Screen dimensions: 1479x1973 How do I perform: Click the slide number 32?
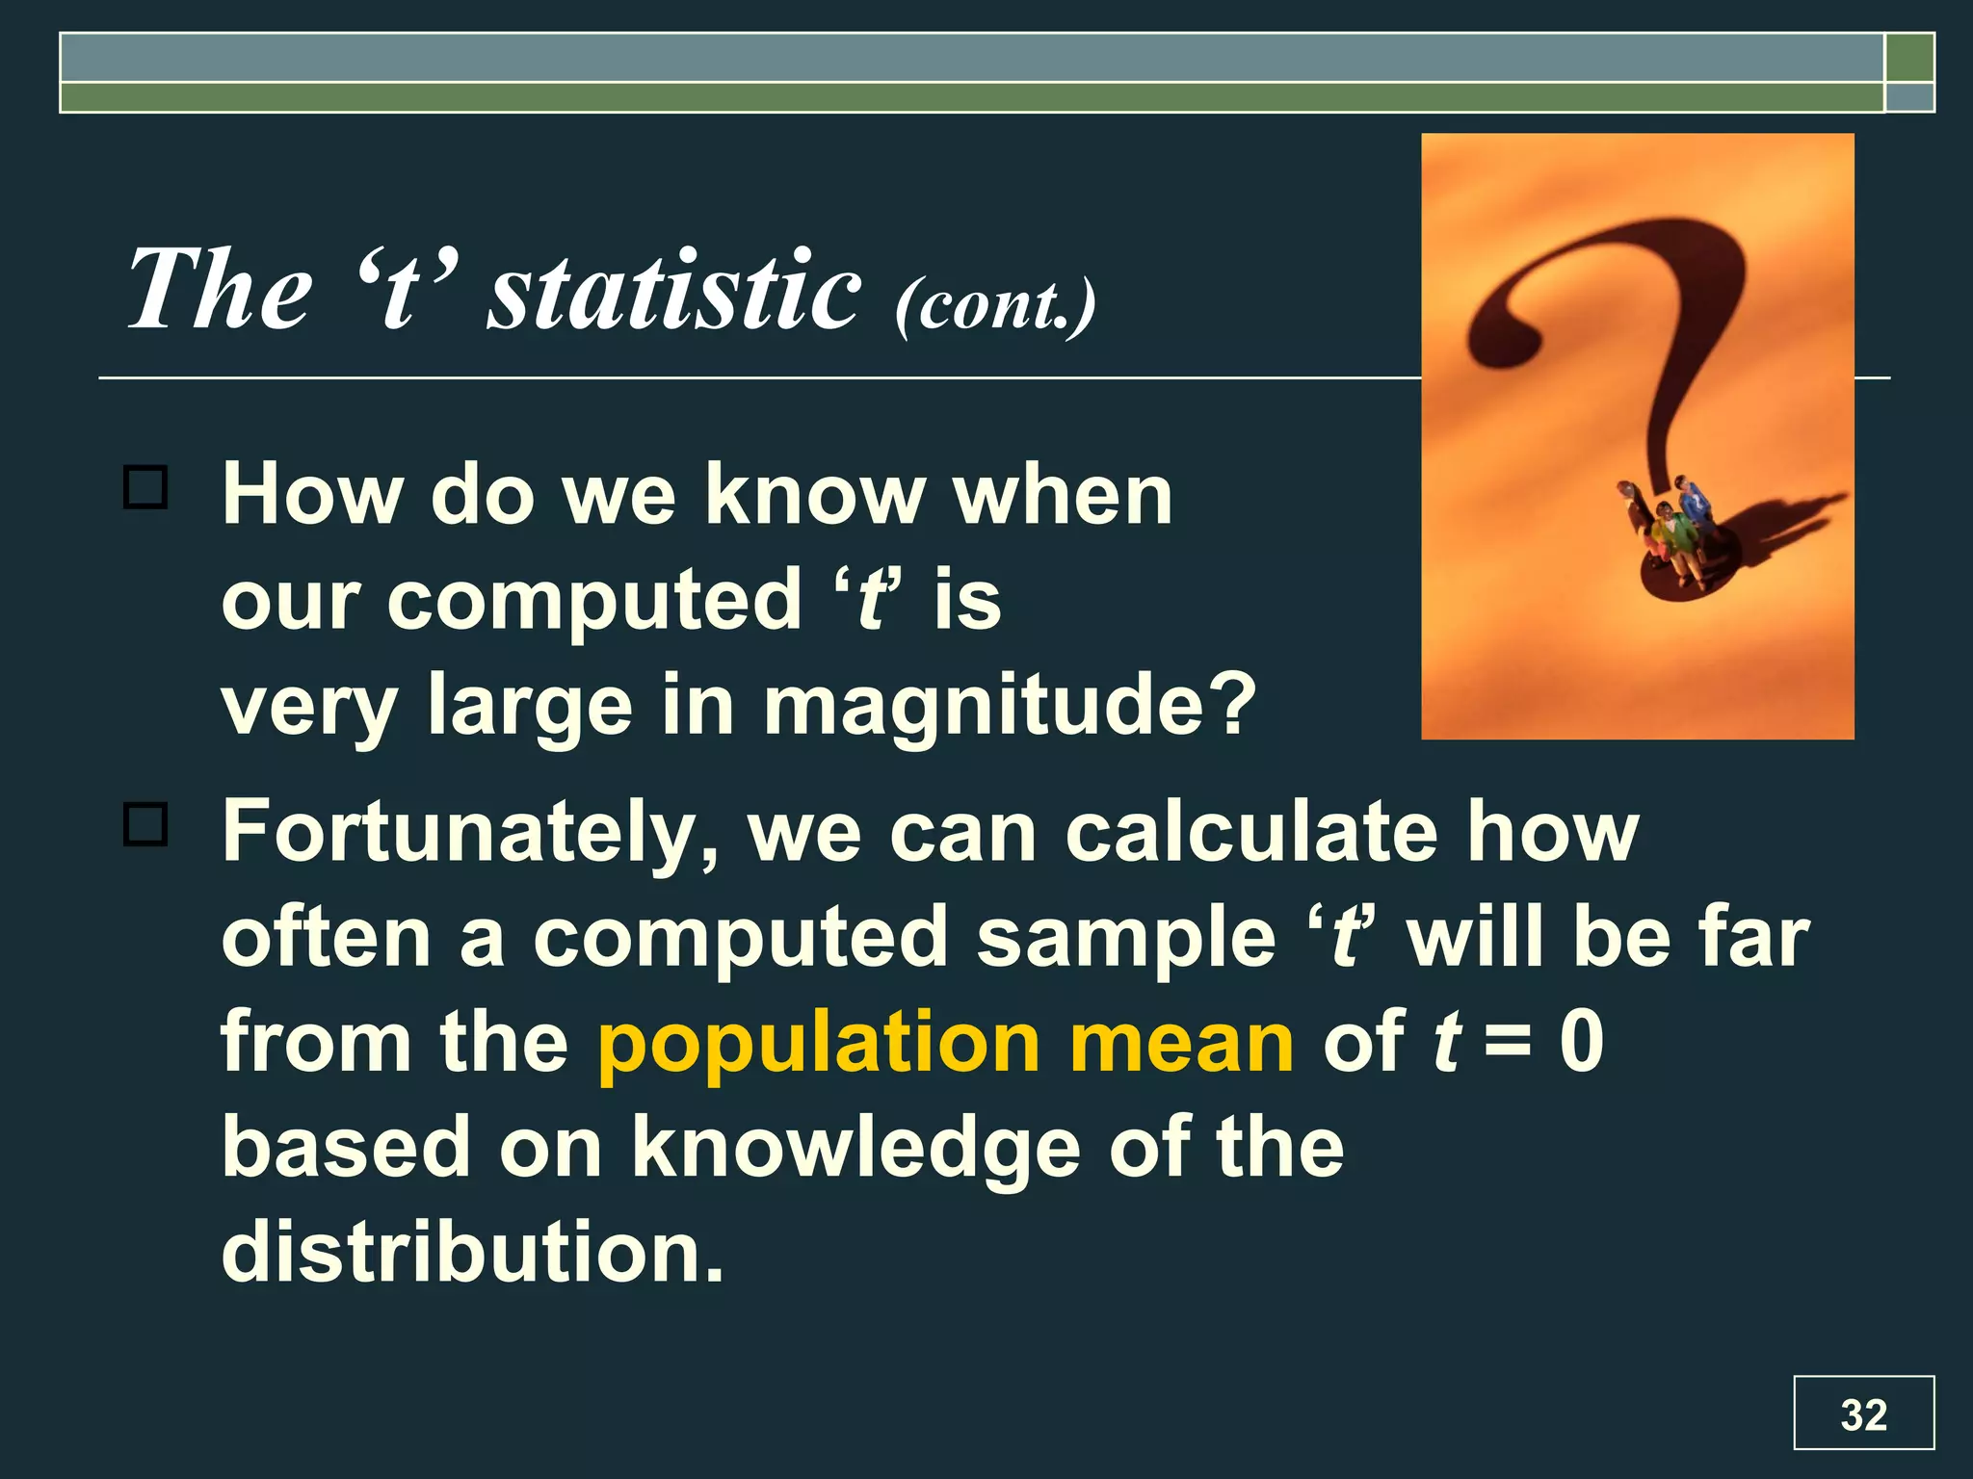point(1863,1414)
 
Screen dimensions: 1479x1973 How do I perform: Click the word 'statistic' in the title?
point(673,290)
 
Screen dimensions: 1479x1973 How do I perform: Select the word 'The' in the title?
point(220,290)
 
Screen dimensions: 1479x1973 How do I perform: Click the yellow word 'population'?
point(819,1043)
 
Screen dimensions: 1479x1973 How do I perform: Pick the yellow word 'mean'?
point(1182,1043)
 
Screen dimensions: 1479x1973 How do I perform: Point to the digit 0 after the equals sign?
point(1582,1043)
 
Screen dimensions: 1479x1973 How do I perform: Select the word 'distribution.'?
point(472,1252)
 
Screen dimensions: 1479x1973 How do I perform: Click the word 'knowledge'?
point(855,1148)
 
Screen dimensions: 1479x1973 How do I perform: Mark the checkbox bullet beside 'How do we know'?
point(145,487)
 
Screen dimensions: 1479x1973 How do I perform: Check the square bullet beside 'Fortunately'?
point(145,824)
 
